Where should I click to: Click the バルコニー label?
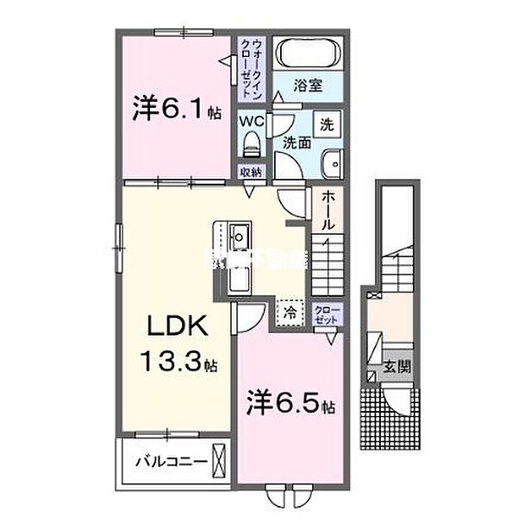coord(170,462)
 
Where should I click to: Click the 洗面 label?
coord(297,143)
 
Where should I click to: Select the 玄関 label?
coord(397,366)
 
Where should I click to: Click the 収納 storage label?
coord(252,173)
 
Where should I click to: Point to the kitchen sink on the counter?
coord(240,235)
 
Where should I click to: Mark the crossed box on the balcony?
coord(220,458)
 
